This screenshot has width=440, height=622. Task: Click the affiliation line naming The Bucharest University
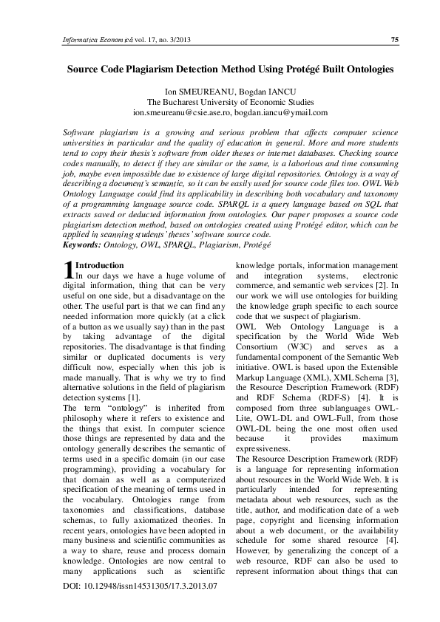click(219, 103)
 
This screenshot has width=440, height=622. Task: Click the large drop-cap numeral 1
click(69, 268)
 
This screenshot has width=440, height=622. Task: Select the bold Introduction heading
click(100, 264)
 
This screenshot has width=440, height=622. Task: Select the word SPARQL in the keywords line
click(156, 243)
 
